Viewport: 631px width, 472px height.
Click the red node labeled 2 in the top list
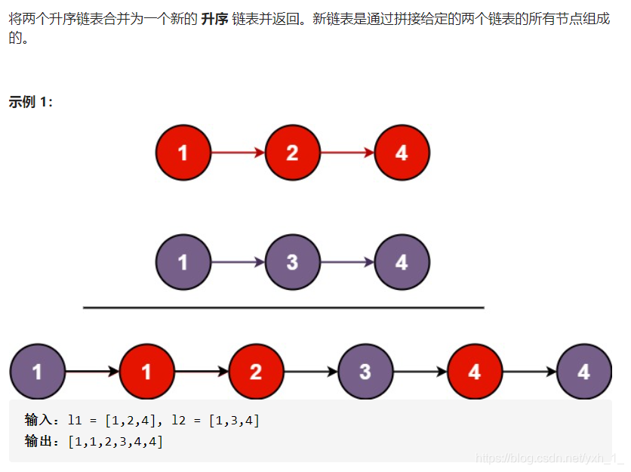click(x=292, y=153)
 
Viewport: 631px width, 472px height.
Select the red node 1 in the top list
click(x=183, y=153)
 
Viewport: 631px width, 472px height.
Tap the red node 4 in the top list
click(x=402, y=153)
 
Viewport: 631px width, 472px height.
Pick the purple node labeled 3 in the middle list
click(x=292, y=263)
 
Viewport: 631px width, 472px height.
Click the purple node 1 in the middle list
click(x=183, y=263)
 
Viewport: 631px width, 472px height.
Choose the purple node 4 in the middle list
click(x=402, y=263)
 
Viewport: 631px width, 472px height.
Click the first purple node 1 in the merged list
click(x=37, y=372)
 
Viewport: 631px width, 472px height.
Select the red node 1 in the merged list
click(x=146, y=372)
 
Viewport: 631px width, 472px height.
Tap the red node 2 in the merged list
click(x=256, y=372)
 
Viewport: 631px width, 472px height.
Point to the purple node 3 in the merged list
click(x=365, y=372)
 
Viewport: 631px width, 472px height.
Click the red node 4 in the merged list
click(x=475, y=372)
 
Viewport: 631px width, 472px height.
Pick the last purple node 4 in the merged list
click(x=583, y=372)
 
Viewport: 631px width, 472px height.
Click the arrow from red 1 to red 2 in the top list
click(x=237, y=153)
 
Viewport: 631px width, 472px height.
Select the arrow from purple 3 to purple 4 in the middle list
click(x=346, y=263)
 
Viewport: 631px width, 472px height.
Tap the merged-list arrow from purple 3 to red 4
click(x=420, y=372)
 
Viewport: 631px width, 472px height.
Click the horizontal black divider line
click(x=283, y=307)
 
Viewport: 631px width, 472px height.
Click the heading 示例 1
click(x=31, y=102)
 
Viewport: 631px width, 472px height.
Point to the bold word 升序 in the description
click(x=215, y=19)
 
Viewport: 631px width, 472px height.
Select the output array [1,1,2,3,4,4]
click(x=115, y=441)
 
